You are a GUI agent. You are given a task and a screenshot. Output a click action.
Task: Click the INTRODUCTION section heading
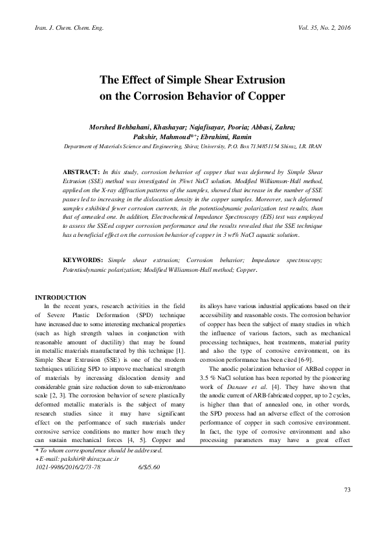pos(60,296)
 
